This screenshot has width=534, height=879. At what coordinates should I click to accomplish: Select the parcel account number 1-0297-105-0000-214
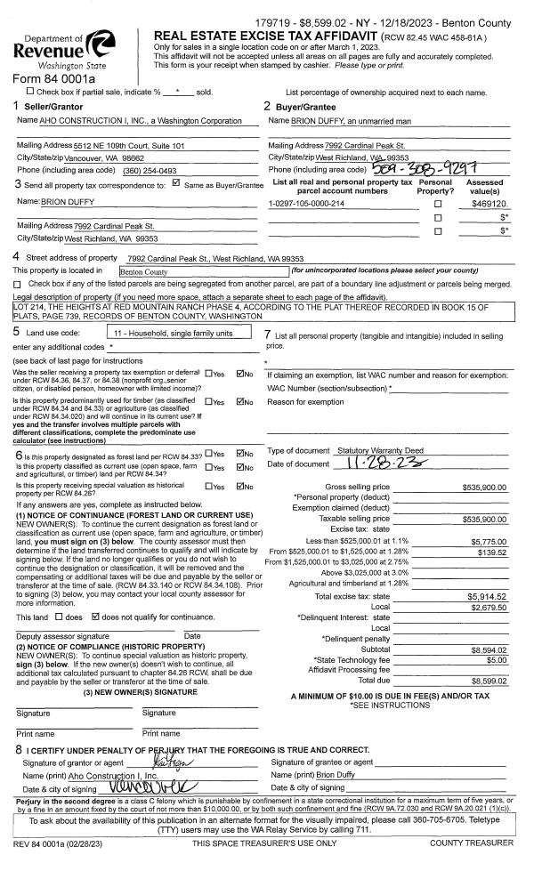[307, 204]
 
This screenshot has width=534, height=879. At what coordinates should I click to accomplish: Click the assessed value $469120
[489, 204]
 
